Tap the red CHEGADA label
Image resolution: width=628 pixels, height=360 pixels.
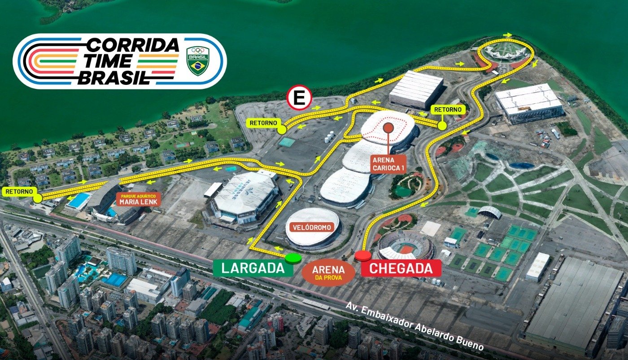[x=401, y=268]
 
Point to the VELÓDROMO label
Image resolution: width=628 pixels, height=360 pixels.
[x=313, y=227]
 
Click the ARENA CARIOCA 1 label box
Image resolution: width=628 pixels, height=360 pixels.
[x=388, y=164]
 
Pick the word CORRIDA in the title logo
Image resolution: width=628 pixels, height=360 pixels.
[x=132, y=45]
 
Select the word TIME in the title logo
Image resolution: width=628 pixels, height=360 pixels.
[x=110, y=61]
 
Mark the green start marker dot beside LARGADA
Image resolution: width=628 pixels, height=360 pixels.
[x=293, y=258]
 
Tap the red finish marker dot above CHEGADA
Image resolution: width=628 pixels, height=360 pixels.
[x=363, y=256]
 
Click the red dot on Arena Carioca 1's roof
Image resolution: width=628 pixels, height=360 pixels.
[x=388, y=128]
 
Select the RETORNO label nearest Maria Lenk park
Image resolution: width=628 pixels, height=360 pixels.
[x=19, y=191]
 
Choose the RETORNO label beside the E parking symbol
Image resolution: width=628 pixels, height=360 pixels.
[x=263, y=123]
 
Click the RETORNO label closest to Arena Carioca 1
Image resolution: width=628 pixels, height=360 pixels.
[x=448, y=109]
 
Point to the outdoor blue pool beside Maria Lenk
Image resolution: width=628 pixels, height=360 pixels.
[x=79, y=201]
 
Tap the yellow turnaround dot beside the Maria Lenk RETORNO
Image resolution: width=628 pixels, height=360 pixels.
[x=38, y=198]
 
